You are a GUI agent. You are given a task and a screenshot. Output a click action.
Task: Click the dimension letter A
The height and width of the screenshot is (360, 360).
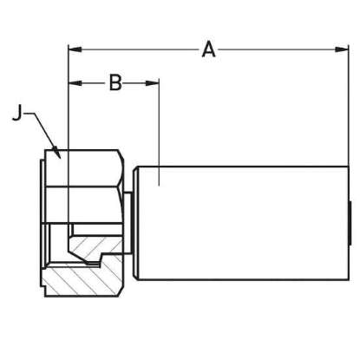pos(208,49)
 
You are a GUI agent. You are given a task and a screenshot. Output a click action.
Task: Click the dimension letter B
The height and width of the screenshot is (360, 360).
pos(115,83)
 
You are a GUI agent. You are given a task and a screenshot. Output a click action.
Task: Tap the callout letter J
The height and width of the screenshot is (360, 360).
pos(17,113)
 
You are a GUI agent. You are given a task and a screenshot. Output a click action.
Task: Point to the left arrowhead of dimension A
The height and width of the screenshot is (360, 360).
pos(75,49)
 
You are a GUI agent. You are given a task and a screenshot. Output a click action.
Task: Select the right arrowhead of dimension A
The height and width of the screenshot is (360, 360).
pos(342,49)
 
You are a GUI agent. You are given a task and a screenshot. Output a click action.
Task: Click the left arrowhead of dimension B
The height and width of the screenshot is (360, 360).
pos(75,83)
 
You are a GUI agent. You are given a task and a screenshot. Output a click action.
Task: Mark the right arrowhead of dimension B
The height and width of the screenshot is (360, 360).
pos(153,83)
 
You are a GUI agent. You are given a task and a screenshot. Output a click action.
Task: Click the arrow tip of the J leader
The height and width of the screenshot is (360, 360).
pos(60,158)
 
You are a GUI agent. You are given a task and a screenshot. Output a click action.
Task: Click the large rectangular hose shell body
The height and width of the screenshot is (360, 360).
pos(244,223)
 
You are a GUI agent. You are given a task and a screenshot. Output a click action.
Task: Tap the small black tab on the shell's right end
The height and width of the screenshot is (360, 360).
pos(350,223)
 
